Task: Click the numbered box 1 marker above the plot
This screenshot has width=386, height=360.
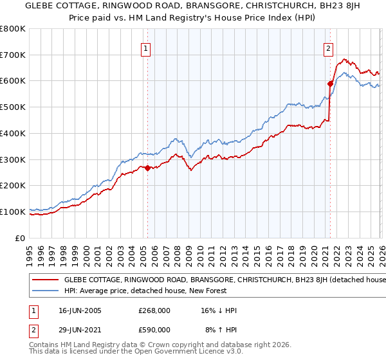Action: pos(147,48)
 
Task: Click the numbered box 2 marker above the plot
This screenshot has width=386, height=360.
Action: pos(329,48)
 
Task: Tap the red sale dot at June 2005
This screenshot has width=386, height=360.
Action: pos(147,168)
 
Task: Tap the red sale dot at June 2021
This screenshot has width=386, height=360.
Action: pos(330,83)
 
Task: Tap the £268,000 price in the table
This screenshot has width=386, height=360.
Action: pos(154,310)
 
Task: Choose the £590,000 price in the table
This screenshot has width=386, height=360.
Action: pos(154,329)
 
